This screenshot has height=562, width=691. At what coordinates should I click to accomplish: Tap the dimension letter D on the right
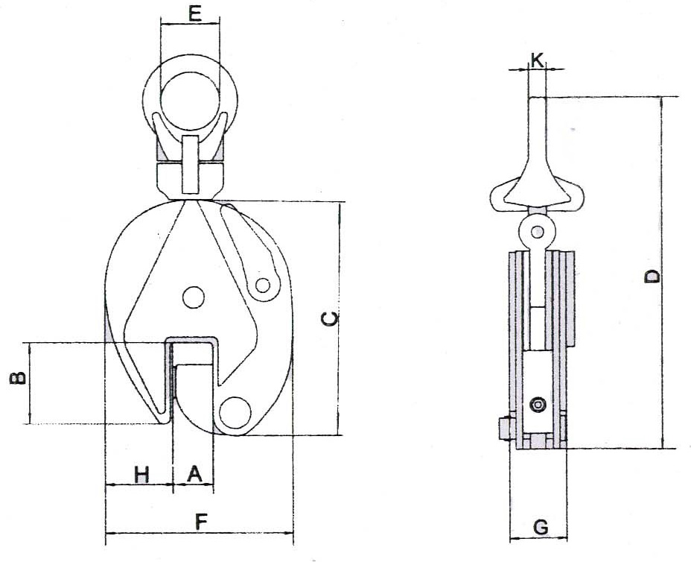pos(652,277)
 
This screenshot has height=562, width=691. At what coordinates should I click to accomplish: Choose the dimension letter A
pos(193,473)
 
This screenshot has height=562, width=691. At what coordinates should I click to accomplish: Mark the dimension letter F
pos(200,522)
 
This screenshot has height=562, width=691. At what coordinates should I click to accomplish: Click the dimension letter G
pos(541,528)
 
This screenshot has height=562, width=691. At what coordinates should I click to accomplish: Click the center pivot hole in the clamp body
pos(193,297)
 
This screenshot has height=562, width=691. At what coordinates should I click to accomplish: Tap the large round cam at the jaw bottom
pos(235,412)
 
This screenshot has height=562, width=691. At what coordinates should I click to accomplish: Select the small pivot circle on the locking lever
pos(263,285)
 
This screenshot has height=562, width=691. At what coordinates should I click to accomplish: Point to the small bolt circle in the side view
pos(537,405)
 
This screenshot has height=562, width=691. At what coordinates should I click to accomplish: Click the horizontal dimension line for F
pos(200,534)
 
